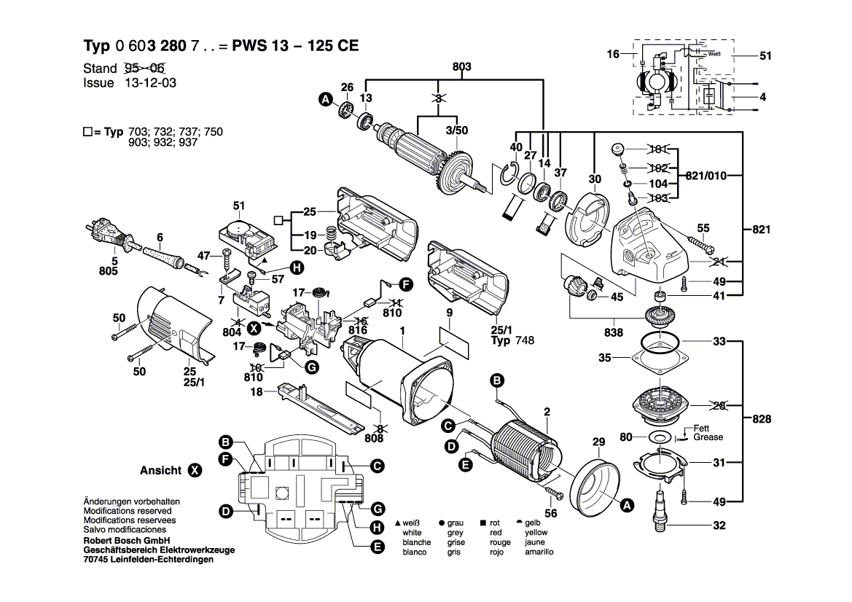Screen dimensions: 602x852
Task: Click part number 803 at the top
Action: tap(461, 67)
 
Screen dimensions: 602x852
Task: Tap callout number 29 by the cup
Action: tap(599, 442)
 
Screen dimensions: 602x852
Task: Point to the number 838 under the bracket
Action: tap(614, 332)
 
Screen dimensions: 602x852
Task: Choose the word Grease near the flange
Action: tap(708, 437)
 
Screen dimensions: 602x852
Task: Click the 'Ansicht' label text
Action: tap(160, 471)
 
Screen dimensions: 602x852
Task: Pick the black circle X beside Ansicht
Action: tap(195, 471)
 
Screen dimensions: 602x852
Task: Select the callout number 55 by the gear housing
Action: tap(703, 228)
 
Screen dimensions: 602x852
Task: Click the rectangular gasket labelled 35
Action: tap(660, 359)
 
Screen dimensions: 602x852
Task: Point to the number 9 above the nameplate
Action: tap(450, 313)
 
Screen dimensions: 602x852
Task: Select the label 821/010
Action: tap(706, 176)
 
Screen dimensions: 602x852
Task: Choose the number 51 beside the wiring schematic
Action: tap(765, 55)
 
